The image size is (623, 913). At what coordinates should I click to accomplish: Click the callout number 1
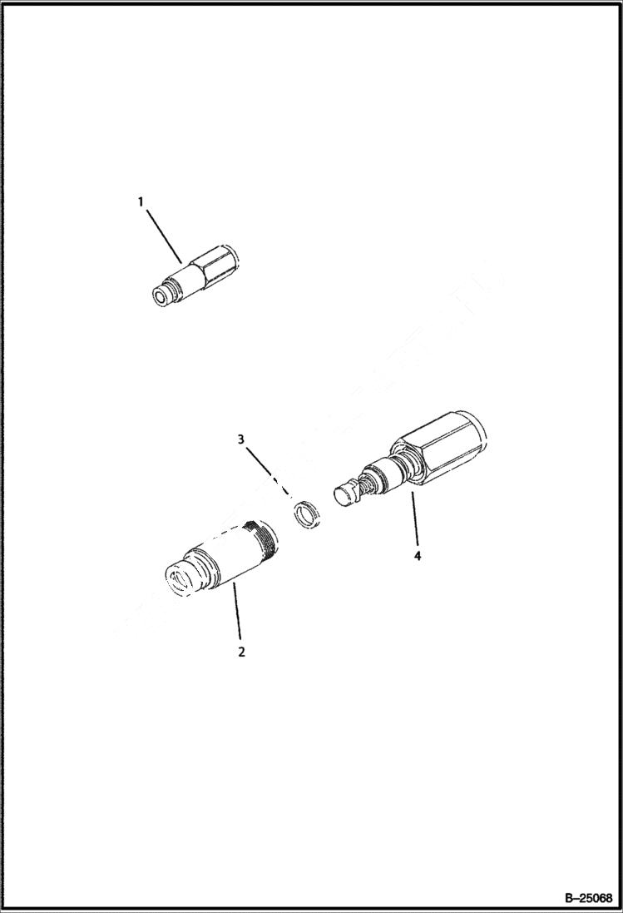[141, 201]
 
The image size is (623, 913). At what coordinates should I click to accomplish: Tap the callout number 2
[241, 652]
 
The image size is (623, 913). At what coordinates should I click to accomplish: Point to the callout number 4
[418, 555]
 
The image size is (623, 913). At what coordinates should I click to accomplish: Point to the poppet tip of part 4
[344, 494]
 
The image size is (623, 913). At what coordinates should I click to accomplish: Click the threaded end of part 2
[265, 538]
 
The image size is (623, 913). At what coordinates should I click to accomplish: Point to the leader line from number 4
[415, 520]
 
